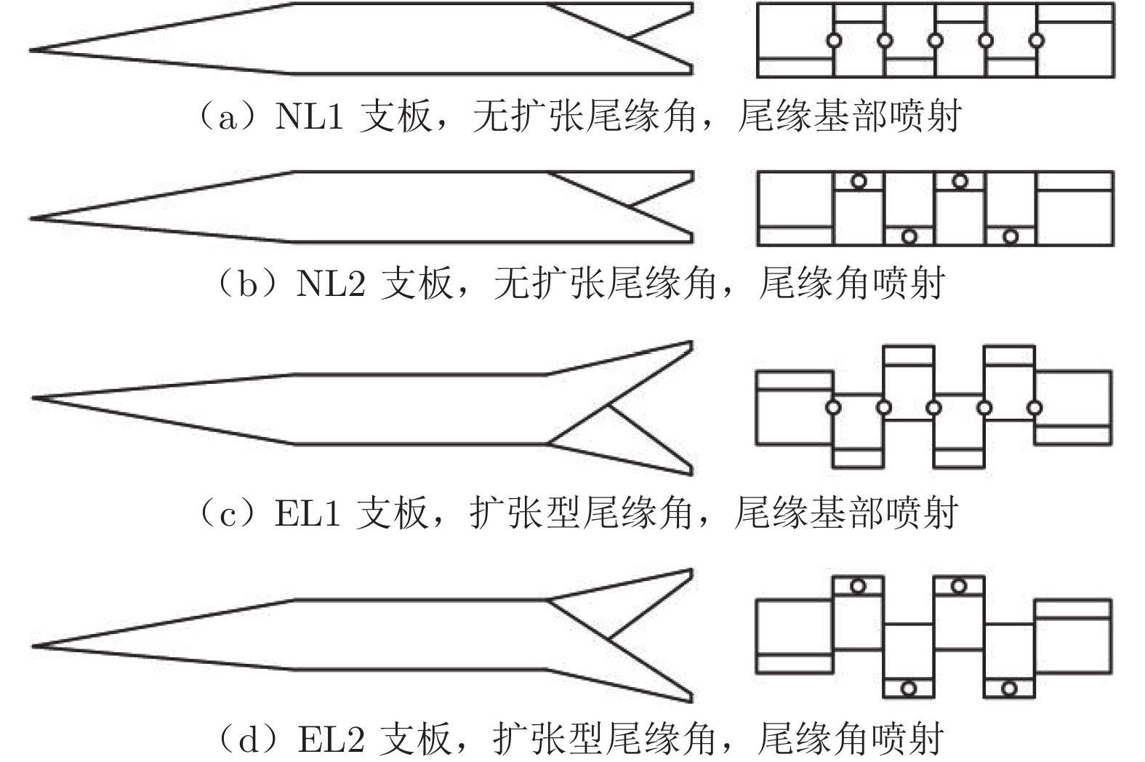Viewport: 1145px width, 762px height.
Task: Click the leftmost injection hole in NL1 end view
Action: (x=835, y=40)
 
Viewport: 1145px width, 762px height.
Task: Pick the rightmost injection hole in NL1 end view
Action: (x=1037, y=40)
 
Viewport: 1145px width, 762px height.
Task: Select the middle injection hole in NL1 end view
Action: (x=936, y=40)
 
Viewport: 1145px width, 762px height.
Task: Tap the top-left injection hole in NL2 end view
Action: (x=859, y=181)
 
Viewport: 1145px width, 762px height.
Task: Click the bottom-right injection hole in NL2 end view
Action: (x=1011, y=236)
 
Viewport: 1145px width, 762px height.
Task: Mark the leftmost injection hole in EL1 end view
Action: (x=834, y=407)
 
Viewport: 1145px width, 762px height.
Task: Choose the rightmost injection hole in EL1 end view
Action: (x=1034, y=407)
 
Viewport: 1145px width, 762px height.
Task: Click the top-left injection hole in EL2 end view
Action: (x=858, y=585)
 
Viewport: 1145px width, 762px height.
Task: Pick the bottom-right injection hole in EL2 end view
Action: (x=1009, y=688)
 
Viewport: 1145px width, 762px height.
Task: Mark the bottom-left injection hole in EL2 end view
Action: (x=908, y=688)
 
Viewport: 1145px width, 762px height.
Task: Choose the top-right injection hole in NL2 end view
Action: (x=960, y=181)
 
